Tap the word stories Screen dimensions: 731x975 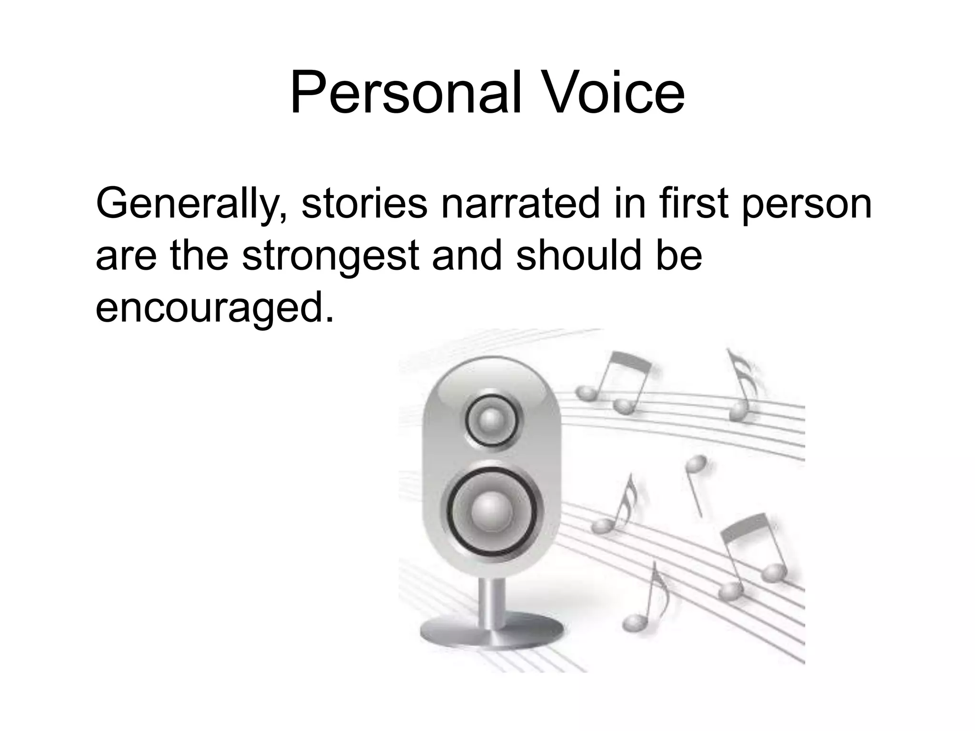pyautogui.click(x=364, y=204)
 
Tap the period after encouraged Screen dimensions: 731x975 pyautogui.click(x=328, y=319)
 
